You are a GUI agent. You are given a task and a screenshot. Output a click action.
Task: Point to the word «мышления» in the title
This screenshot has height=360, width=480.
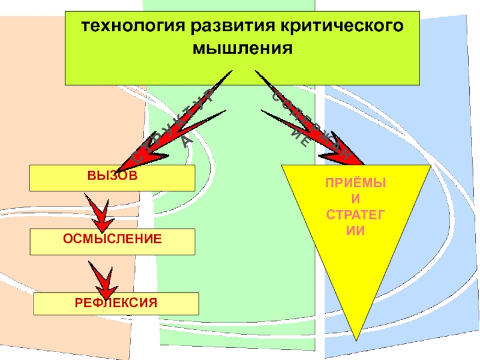tap(242, 47)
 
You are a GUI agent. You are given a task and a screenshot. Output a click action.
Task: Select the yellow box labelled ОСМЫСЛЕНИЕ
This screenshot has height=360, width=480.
tap(113, 241)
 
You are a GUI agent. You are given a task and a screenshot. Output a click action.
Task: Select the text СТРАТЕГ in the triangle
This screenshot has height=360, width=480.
tap(356, 215)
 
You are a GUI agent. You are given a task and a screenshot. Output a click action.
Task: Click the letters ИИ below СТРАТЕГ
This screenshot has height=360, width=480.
tap(356, 229)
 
